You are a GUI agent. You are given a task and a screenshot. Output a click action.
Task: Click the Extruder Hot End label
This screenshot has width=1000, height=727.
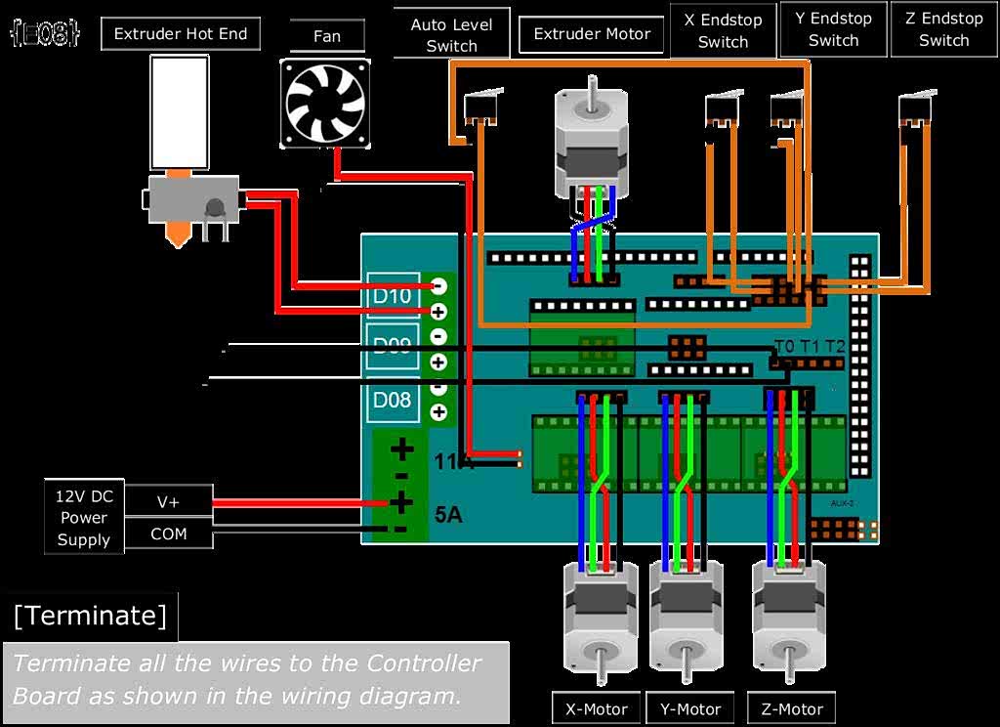coord(181,34)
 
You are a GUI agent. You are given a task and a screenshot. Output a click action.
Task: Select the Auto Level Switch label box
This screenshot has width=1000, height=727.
coord(451,34)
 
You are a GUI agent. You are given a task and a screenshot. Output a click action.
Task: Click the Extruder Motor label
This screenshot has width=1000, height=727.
coord(593,34)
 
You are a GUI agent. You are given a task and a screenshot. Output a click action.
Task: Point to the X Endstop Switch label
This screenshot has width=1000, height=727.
coord(723,30)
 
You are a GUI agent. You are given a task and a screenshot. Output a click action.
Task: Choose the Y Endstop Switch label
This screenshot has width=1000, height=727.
coord(833,29)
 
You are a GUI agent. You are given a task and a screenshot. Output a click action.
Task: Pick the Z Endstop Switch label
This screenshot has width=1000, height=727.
coord(943,29)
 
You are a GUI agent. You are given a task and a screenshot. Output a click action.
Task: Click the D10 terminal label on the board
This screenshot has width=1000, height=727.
coord(393,295)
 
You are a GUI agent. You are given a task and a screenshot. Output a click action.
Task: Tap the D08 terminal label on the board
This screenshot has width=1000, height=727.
coord(393,399)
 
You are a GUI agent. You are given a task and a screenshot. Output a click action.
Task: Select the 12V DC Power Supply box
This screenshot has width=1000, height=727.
coord(84,517)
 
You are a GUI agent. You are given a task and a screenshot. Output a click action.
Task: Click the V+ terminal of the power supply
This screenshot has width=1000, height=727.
coord(168,501)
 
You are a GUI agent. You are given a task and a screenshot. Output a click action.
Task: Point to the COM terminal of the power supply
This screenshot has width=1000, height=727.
coord(168,534)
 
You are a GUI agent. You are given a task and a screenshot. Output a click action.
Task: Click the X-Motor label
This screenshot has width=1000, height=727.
coord(597,708)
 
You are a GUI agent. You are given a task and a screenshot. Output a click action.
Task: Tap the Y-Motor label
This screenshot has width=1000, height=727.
coord(690,708)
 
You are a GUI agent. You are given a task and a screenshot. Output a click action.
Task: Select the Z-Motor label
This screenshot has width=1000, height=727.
coord(791,708)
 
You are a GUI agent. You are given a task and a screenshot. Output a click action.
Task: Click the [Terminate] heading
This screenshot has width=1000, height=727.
coord(90,616)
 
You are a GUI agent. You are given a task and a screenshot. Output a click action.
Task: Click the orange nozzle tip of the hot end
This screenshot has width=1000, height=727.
coord(177,235)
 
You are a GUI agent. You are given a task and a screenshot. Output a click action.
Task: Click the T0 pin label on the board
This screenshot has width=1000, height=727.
coord(784,346)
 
